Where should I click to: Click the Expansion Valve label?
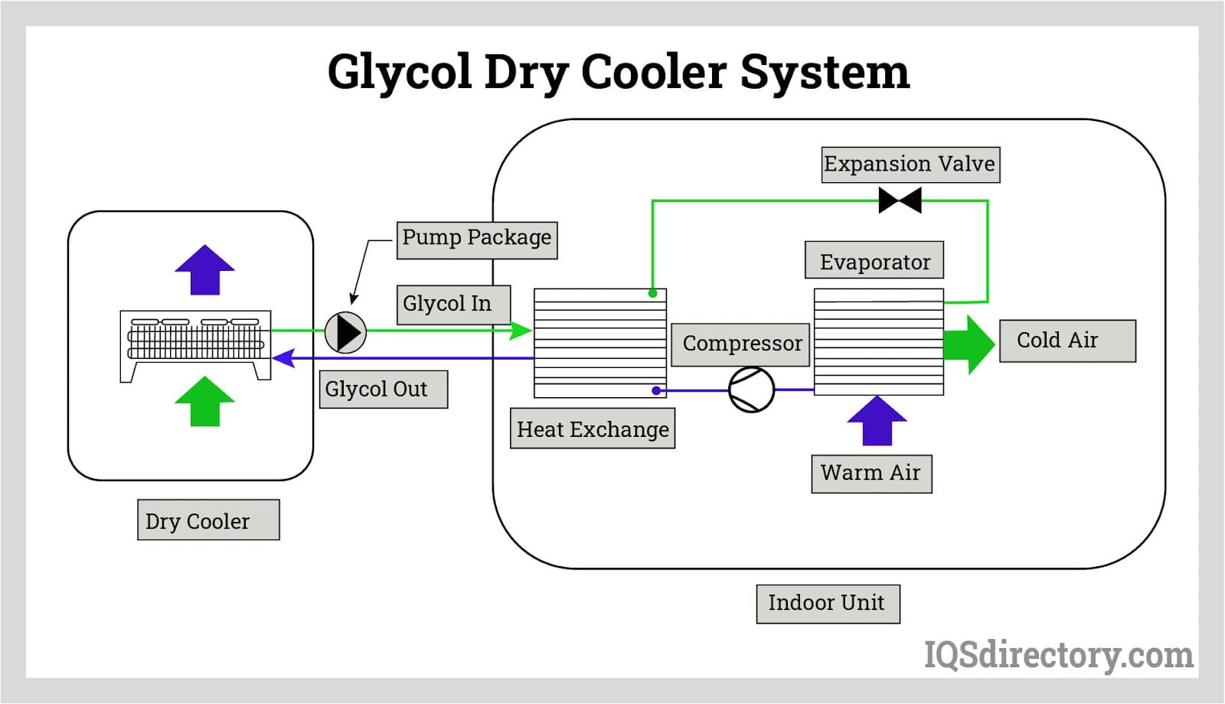(910, 165)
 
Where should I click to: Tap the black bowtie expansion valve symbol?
(900, 200)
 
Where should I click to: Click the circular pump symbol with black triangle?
(346, 332)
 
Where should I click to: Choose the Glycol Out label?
(383, 389)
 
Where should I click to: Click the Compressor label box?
(740, 344)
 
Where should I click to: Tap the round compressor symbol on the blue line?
(751, 389)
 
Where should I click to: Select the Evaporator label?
(874, 261)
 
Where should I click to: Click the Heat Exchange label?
(593, 429)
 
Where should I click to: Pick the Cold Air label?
(1067, 341)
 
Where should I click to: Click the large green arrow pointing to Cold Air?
(968, 344)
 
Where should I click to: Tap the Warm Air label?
(871, 474)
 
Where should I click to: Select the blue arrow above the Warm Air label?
(877, 421)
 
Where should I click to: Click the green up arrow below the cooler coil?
(204, 402)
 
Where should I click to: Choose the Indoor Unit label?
(828, 604)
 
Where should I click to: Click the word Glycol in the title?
(399, 73)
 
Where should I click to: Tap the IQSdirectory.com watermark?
(1059, 655)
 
